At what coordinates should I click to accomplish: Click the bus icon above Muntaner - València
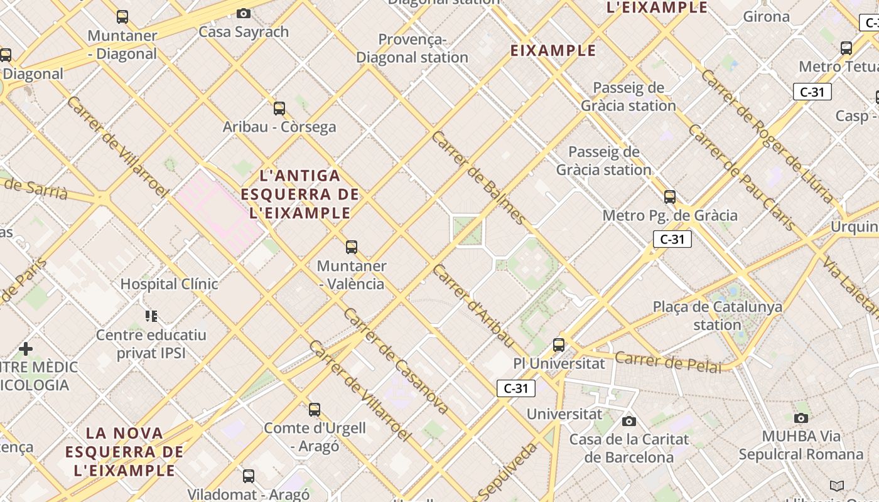click(x=352, y=247)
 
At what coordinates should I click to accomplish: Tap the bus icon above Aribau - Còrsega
click(x=279, y=109)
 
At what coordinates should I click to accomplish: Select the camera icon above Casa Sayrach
click(x=244, y=13)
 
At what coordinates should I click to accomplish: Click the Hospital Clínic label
click(x=169, y=284)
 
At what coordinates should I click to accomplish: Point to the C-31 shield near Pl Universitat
click(x=516, y=388)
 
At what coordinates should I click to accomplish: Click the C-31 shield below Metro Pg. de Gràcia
click(x=672, y=239)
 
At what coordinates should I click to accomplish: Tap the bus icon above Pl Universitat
click(x=559, y=344)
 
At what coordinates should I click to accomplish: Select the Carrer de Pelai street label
click(x=668, y=362)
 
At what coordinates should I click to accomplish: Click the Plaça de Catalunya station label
click(x=718, y=316)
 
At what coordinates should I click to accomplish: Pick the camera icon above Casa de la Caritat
click(x=629, y=421)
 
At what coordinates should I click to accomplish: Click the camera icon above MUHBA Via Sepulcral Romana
click(x=801, y=418)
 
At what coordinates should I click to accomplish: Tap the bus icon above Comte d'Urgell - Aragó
click(x=315, y=410)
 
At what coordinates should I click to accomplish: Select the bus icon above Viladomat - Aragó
click(x=249, y=476)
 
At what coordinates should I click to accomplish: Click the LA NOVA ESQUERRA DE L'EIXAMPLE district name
click(x=124, y=451)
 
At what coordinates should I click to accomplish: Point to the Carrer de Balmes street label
click(x=478, y=178)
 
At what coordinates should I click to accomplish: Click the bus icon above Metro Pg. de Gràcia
click(x=670, y=197)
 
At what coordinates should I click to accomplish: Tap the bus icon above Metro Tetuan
click(x=846, y=48)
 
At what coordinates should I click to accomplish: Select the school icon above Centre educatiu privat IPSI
click(x=151, y=316)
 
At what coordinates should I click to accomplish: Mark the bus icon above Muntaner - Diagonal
click(x=122, y=17)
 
